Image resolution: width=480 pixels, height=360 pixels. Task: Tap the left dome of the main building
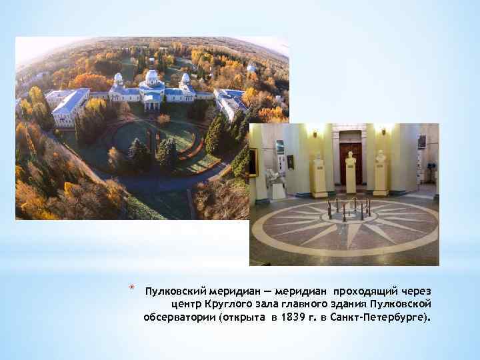click(118, 79)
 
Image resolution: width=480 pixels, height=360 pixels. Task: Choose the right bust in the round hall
click(381, 158)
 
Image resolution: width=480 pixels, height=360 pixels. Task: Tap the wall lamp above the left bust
click(314, 132)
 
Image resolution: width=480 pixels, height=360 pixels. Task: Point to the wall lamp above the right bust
click(383, 130)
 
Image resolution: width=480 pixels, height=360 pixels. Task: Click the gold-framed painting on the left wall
click(253, 162)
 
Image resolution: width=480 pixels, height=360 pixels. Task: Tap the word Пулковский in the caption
click(175, 292)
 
